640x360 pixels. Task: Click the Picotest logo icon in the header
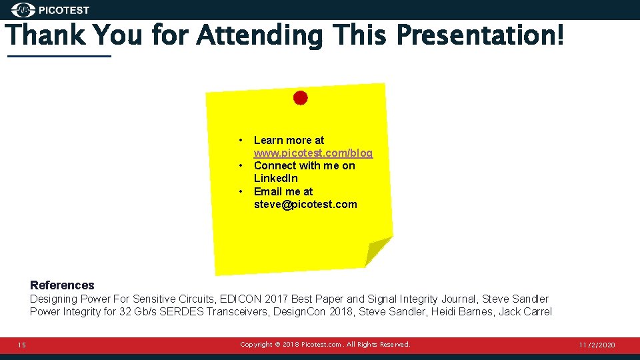tap(24, 10)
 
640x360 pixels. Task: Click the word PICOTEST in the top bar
tap(64, 10)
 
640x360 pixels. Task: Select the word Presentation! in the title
tap(480, 35)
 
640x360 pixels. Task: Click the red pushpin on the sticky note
tap(301, 98)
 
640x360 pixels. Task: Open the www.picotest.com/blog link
tap(313, 153)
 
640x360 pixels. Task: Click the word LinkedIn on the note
tap(276, 179)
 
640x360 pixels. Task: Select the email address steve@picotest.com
tap(305, 205)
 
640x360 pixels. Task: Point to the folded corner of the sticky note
tap(377, 252)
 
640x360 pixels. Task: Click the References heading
tap(62, 285)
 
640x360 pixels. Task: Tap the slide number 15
tap(22, 345)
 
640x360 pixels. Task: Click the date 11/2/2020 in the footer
tap(597, 345)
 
